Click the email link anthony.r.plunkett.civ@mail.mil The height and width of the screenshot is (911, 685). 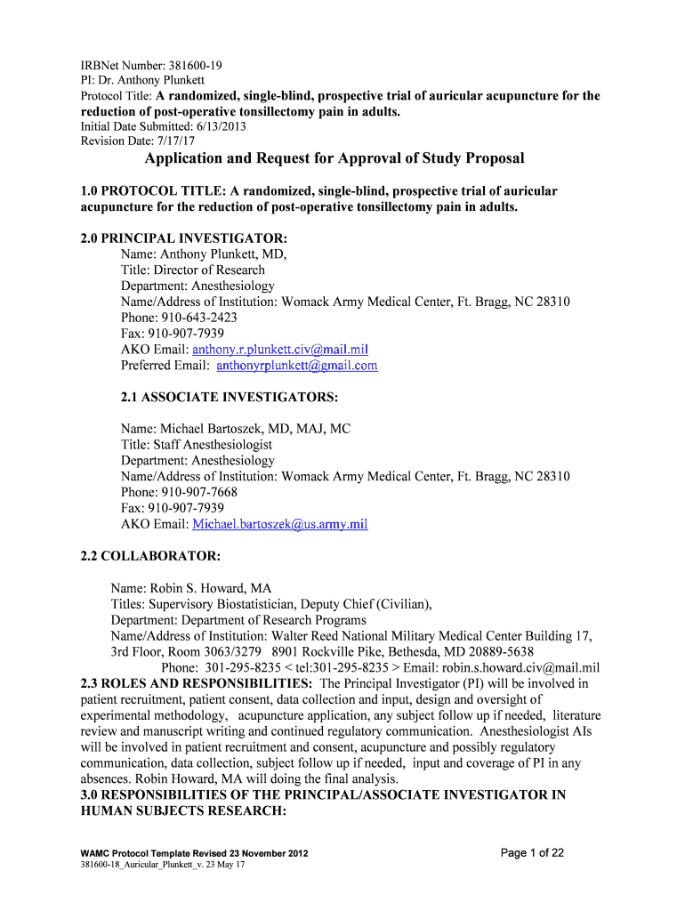tap(286, 350)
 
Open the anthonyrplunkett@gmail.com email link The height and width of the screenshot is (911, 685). tap(297, 366)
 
